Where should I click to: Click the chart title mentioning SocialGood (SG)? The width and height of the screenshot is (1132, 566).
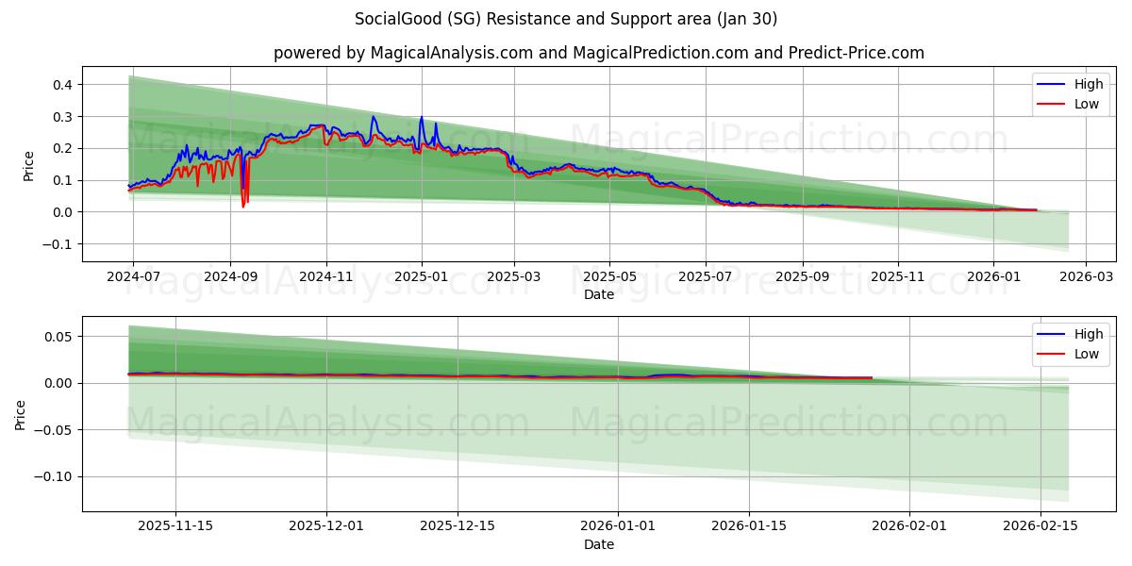coord(566,19)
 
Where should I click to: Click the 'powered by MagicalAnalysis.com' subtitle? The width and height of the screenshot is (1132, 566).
coord(598,53)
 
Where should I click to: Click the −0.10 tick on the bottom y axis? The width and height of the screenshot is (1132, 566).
coord(54,476)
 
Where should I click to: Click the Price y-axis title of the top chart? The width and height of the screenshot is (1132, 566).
coord(29,165)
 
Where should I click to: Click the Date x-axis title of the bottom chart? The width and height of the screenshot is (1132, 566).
coord(598,544)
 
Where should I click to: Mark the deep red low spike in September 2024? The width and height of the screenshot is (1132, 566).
coord(242,205)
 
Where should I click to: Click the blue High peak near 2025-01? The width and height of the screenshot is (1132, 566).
coord(421,118)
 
